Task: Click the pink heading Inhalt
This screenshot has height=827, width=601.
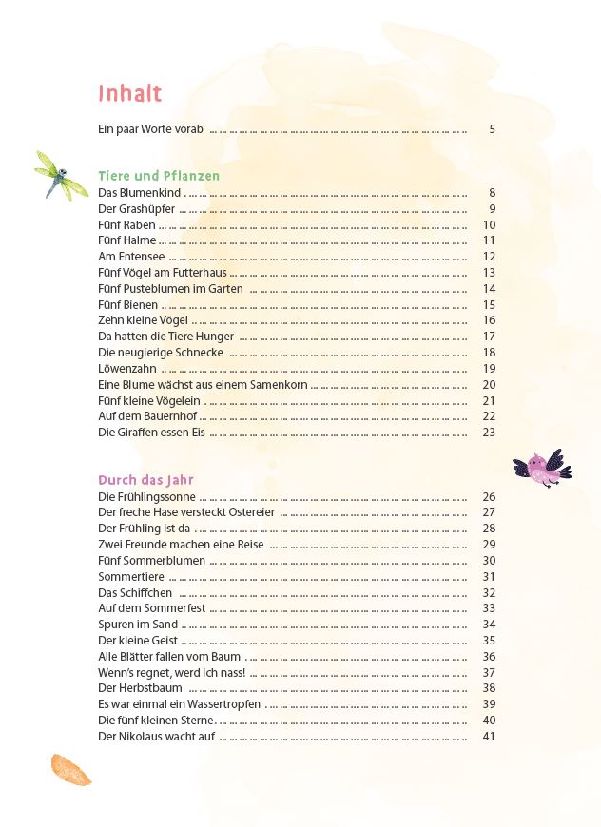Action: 130,93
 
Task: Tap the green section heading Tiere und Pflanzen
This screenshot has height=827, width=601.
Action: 159,176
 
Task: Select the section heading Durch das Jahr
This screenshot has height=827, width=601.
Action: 145,480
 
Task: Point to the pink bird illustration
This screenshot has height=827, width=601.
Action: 541,468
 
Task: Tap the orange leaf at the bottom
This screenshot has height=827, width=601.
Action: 70,769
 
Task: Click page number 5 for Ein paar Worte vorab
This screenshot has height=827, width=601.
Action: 492,128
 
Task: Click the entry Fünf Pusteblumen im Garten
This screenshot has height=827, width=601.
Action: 170,289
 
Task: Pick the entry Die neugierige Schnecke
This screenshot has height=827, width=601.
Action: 161,353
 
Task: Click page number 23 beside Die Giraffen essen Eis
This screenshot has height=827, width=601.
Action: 490,433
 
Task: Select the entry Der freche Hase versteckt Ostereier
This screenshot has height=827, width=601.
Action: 186,512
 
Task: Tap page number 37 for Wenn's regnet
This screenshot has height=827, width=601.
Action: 490,673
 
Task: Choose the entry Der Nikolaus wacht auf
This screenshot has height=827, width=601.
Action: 156,737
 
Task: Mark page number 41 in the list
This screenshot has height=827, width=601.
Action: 490,737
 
